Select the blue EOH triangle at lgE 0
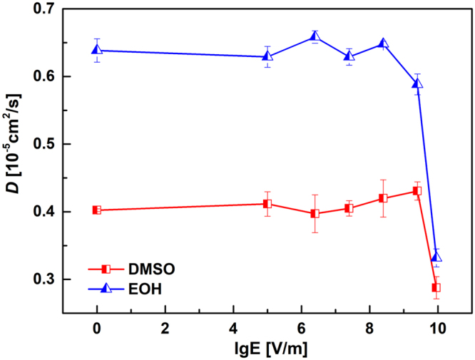[97, 50]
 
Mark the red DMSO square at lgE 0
[97, 210]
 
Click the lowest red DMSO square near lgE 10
[436, 288]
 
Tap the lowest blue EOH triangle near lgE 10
[436, 257]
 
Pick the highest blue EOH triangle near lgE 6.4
[315, 37]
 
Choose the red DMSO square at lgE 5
[267, 204]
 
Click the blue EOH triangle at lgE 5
[267, 56]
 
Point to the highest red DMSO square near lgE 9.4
[417, 191]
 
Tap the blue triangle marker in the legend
[105, 287]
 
